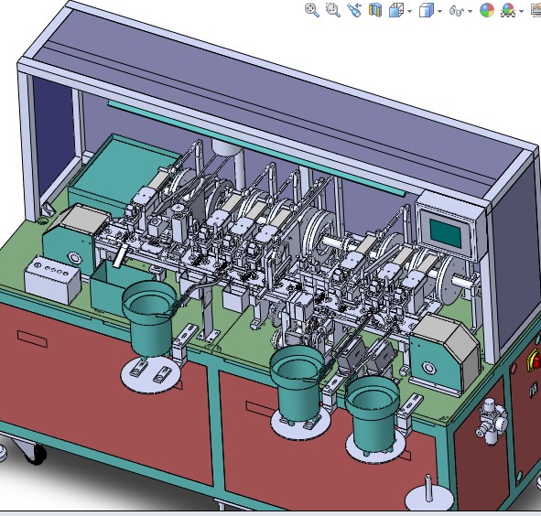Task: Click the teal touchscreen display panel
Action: [x=447, y=230]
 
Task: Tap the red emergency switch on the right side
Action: [x=535, y=363]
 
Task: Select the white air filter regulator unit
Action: [x=492, y=420]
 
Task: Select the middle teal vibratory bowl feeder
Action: [x=298, y=382]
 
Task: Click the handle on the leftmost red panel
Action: [x=32, y=339]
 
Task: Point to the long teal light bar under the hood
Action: [x=256, y=147]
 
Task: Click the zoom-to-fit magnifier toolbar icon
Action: [x=312, y=10]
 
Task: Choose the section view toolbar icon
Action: [x=374, y=10]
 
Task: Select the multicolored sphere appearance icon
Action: [x=486, y=10]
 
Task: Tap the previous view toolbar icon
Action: [x=353, y=10]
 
